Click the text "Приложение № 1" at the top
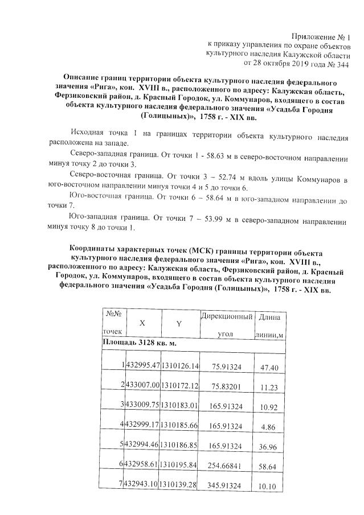(x=323, y=36)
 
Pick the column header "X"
(x=142, y=323)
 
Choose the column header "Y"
(x=178, y=323)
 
